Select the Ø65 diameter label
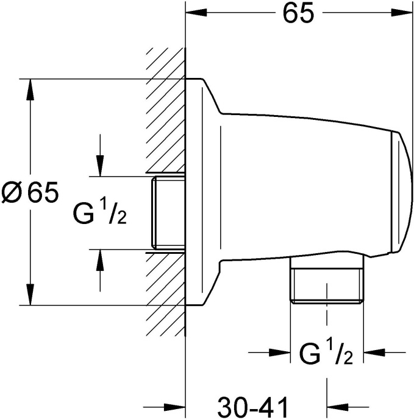(x=30, y=193)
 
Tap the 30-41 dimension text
(x=252, y=405)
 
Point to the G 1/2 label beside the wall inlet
(x=101, y=214)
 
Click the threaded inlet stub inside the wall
(x=167, y=213)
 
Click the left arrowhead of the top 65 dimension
(x=195, y=13)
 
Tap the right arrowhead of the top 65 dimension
(x=403, y=13)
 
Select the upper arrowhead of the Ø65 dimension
(x=29, y=88)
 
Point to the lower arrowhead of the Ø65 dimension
(x=29, y=295)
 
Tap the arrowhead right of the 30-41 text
(x=337, y=406)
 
